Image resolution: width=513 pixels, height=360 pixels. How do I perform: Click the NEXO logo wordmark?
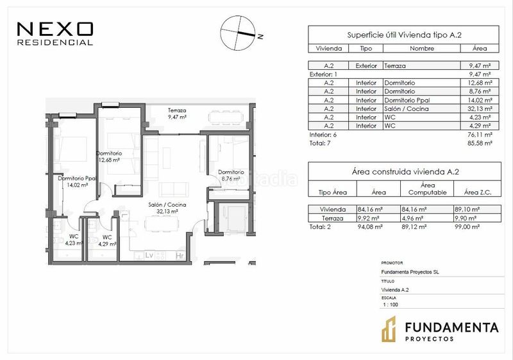55,29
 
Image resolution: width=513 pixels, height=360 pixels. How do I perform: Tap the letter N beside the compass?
260,37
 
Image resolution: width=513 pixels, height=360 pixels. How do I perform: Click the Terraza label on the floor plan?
177,110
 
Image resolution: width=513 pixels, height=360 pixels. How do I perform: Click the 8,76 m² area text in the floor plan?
231,178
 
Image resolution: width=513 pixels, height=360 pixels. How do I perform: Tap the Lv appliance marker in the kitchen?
149,255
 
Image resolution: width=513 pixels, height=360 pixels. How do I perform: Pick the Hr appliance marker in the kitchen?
180,255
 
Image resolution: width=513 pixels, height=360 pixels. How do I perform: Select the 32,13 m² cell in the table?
480,108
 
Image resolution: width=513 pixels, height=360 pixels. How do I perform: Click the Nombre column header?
422,48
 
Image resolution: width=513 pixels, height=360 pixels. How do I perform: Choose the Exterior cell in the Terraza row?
366,66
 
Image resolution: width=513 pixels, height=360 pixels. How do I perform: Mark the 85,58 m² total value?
480,143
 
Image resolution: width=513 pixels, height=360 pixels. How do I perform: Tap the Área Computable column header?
427,189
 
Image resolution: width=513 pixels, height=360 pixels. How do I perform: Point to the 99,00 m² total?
467,227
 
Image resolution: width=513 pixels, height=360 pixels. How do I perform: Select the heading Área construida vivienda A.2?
405,171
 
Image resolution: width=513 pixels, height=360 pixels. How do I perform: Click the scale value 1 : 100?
391,305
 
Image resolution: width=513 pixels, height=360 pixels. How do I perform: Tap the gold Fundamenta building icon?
389,329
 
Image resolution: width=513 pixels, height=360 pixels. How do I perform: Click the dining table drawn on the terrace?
226,118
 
